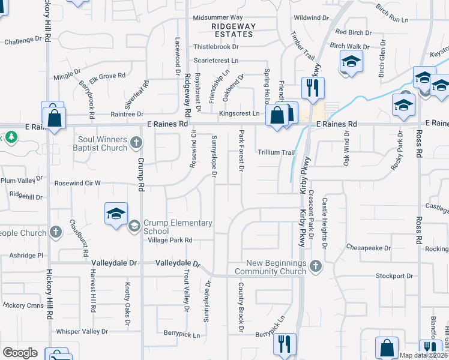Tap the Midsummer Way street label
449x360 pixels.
pyautogui.click(x=218, y=18)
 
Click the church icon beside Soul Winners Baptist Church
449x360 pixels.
pyautogui.click(x=136, y=143)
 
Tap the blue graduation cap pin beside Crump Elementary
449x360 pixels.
pyautogui.click(x=116, y=214)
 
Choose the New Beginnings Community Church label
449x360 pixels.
pyautogui.click(x=279, y=268)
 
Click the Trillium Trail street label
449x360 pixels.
pyautogui.click(x=276, y=152)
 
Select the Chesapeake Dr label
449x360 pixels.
pyautogui.click(x=369, y=248)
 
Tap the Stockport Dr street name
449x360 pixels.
pyautogui.click(x=394, y=276)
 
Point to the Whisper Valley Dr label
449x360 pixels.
pyautogui.click(x=82, y=331)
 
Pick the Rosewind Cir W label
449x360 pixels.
pyautogui.click(x=78, y=183)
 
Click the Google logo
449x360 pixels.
pyautogui.click(x=20, y=352)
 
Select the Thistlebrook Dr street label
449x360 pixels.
pyautogui.click(x=216, y=46)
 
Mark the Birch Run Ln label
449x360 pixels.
pyautogui.click(x=391, y=20)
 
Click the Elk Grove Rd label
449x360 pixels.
pyautogui.click(x=107, y=76)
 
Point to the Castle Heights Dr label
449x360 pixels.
pyautogui.click(x=325, y=223)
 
